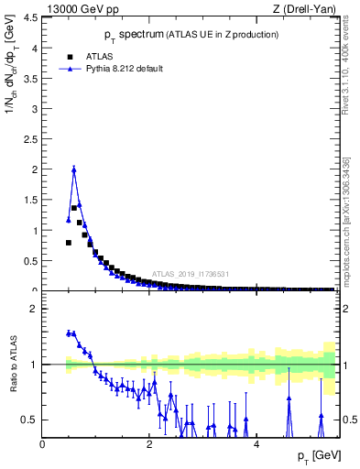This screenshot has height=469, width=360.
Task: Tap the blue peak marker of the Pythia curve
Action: point(74,169)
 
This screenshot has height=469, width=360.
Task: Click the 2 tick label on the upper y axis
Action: point(34,169)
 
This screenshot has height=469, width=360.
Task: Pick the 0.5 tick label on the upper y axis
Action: point(31,261)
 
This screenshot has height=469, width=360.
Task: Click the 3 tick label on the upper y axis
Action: point(34,108)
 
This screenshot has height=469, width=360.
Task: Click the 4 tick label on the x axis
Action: point(256,443)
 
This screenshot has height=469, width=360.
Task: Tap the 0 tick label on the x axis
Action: point(42,443)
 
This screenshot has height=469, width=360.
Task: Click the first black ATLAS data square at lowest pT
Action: point(69,243)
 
